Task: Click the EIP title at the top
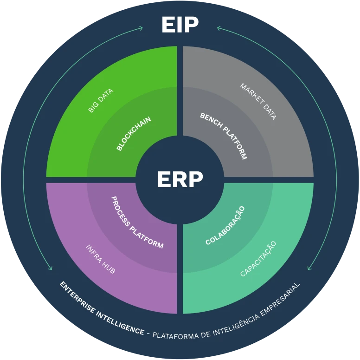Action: click(x=180, y=25)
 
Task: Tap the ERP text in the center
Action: click(x=180, y=180)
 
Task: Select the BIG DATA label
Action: click(x=101, y=101)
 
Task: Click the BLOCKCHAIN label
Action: click(x=134, y=134)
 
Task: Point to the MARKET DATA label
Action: click(x=258, y=101)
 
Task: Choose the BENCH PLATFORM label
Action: click(x=224, y=136)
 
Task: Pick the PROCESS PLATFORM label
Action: click(x=137, y=222)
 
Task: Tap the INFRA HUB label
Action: click(x=100, y=259)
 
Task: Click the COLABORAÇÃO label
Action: click(x=225, y=225)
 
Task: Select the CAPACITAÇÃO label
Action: click(x=258, y=259)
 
